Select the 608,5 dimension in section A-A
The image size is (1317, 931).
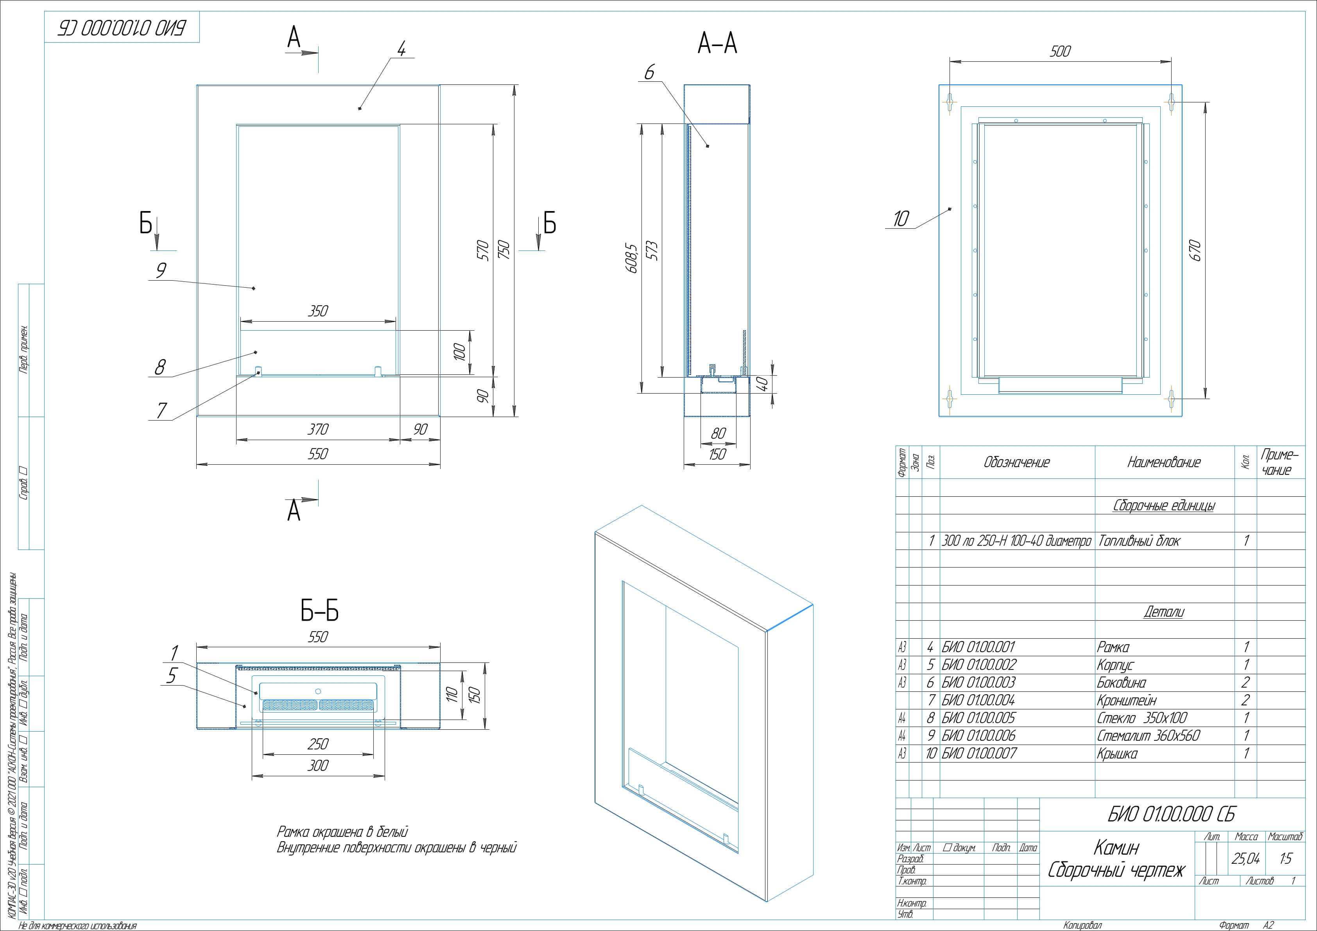click(x=632, y=258)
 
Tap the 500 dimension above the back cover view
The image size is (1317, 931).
click(x=1059, y=52)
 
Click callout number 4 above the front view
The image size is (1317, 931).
click(x=401, y=49)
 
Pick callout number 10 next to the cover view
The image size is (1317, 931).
click(x=901, y=218)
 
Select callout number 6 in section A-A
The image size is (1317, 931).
click(x=649, y=73)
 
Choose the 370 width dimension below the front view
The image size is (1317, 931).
click(x=318, y=429)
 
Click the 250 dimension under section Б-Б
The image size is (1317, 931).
click(x=318, y=744)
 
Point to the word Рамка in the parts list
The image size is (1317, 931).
click(x=1113, y=648)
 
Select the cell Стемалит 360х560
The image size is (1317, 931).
click(x=1148, y=736)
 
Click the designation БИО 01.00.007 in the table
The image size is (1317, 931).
click(x=978, y=754)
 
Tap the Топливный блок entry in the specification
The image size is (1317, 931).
click(x=1139, y=541)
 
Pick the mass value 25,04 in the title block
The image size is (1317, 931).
click(x=1245, y=858)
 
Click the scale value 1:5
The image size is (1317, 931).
click(x=1285, y=858)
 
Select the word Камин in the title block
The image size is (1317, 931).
click(x=1116, y=847)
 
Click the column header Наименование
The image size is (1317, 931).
click(x=1163, y=462)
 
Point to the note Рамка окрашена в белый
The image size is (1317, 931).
click(x=342, y=832)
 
